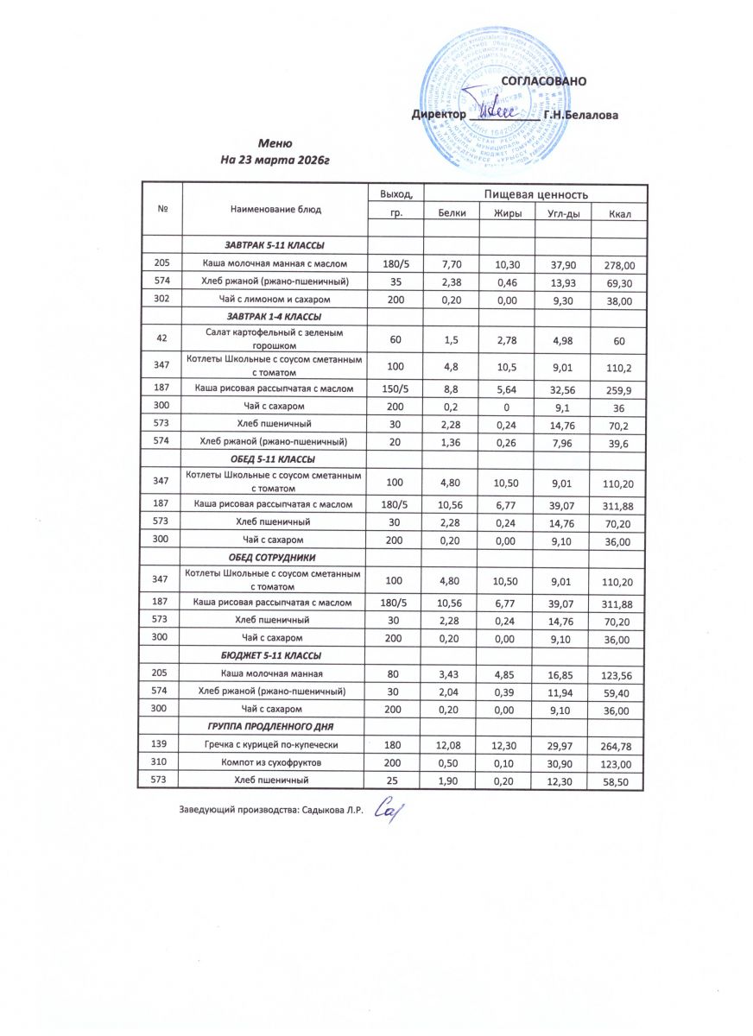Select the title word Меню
(x=276, y=143)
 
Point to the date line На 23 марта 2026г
(x=276, y=160)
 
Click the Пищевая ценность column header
(x=535, y=195)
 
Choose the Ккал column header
(x=617, y=212)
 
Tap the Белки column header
(x=451, y=212)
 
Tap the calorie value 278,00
(x=617, y=264)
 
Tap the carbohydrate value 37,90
(x=561, y=264)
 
